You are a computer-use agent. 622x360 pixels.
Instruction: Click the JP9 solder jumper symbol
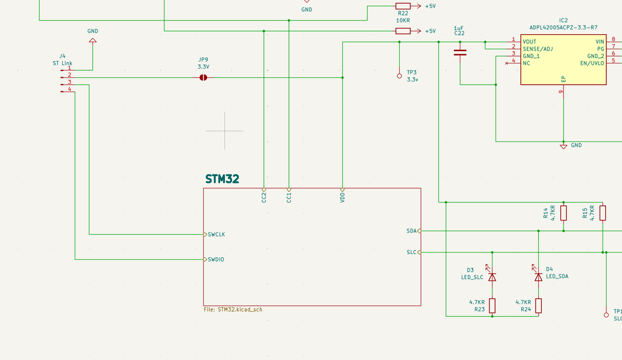[202, 78]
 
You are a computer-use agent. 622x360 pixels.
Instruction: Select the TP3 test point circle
[400, 76]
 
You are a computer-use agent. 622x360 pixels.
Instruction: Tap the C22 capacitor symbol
[460, 52]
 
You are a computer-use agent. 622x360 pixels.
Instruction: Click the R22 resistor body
[403, 6]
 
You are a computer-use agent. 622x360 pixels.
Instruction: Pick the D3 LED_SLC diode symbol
[492, 276]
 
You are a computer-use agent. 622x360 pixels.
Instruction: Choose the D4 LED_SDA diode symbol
[539, 276]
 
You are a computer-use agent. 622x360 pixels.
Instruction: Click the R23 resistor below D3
[492, 305]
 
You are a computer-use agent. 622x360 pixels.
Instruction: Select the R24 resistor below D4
[539, 305]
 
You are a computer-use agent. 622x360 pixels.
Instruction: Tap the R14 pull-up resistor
[563, 214]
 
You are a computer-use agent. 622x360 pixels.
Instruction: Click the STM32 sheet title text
[222, 179]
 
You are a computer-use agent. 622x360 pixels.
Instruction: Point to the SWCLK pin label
[217, 235]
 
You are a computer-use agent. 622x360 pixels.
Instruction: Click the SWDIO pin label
[216, 260]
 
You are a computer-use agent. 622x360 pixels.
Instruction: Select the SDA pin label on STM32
[411, 231]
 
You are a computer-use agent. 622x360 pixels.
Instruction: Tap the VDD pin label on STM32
[343, 197]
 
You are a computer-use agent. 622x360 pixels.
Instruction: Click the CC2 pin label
[265, 197]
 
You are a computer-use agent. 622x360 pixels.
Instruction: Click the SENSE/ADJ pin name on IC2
[538, 48]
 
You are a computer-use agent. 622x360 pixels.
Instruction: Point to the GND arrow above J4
[93, 41]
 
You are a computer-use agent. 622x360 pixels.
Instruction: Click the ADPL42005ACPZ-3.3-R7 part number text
[563, 27]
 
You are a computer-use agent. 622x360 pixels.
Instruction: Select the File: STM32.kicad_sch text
[238, 309]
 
